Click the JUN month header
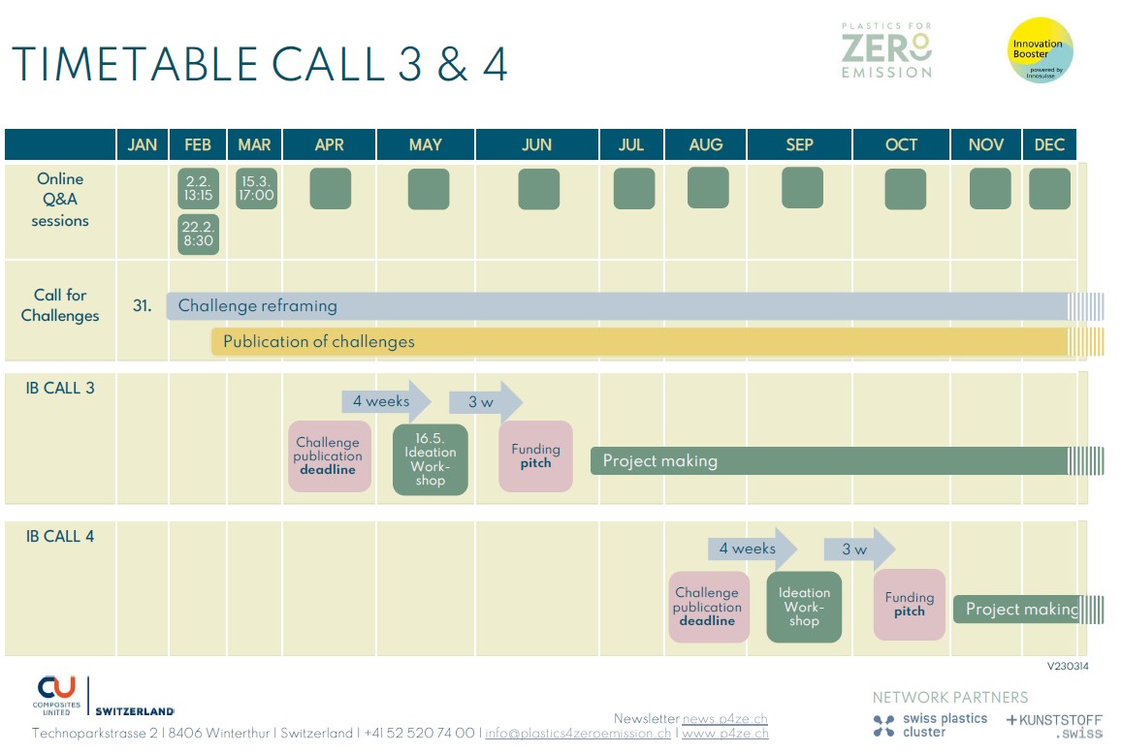click(x=536, y=144)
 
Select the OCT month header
click(x=901, y=144)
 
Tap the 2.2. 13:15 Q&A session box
click(x=198, y=188)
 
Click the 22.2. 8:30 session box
click(x=198, y=235)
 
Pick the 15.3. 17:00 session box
click(x=256, y=188)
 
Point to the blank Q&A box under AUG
click(x=708, y=187)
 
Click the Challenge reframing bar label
click(x=258, y=305)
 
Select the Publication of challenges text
click(x=318, y=342)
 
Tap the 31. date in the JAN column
click(x=142, y=305)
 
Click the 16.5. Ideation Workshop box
click(x=430, y=459)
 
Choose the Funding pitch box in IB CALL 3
click(x=535, y=456)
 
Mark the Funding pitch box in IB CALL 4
click(x=909, y=605)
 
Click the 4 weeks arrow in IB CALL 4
click(x=753, y=549)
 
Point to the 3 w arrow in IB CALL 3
click(x=485, y=402)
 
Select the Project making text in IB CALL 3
click(x=659, y=461)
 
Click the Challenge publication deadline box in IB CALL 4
click(x=709, y=607)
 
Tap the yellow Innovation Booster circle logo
click(x=1040, y=50)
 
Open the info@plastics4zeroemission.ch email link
click(x=578, y=734)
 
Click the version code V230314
click(x=1068, y=666)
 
